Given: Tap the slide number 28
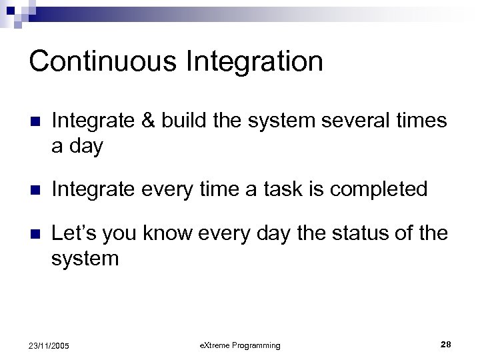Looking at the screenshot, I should [445, 344].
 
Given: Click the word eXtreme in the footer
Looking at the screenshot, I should [213, 345].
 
